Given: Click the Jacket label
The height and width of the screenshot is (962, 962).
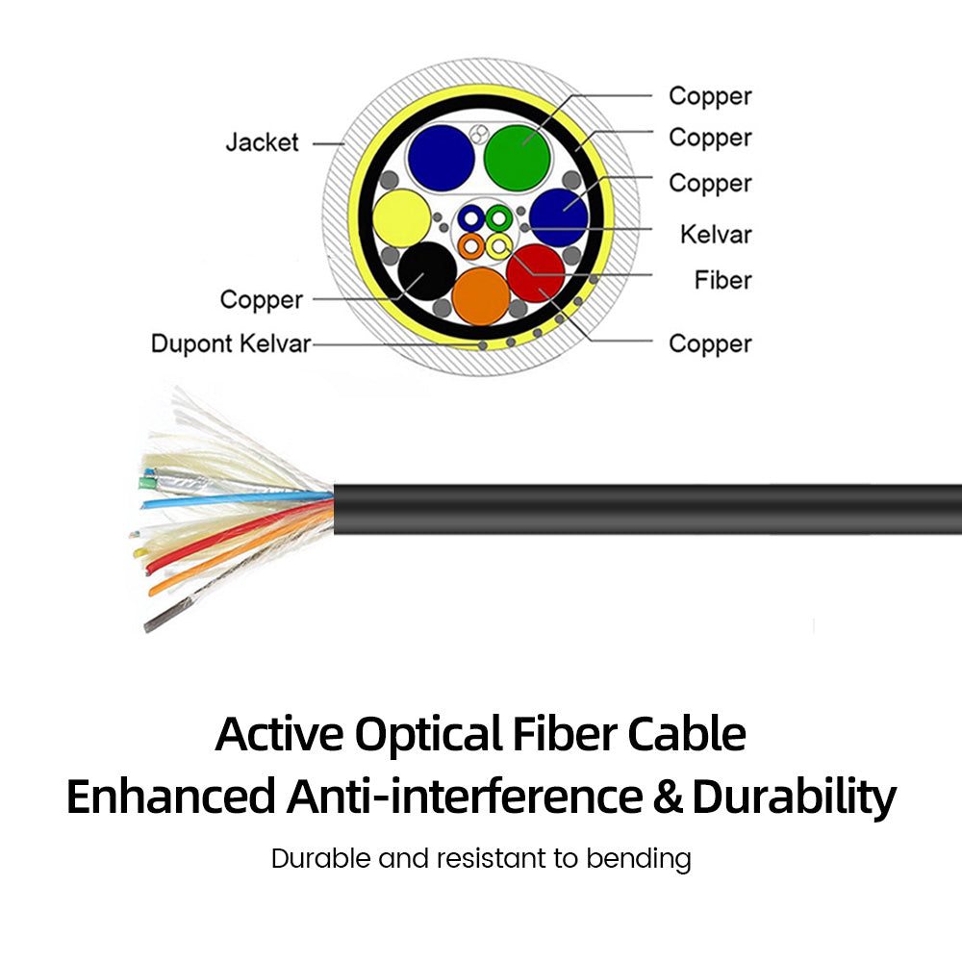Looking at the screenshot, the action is tap(262, 142).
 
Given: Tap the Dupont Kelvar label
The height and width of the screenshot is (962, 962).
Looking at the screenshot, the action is tap(231, 343).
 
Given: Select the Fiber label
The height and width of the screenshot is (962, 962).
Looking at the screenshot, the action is tap(722, 280).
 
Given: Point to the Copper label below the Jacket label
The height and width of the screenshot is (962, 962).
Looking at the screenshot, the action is tap(262, 300).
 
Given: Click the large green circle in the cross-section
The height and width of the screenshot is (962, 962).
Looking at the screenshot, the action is tap(517, 158).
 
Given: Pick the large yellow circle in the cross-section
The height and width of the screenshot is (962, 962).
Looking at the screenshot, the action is tap(402, 218).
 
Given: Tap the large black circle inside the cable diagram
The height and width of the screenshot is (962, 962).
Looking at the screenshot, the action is tap(427, 271).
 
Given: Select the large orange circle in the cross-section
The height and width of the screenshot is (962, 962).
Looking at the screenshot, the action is tap(481, 296).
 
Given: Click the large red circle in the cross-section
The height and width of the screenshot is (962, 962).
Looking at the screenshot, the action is tap(536, 273).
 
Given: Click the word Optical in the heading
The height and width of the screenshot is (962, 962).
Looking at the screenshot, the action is tap(428, 735).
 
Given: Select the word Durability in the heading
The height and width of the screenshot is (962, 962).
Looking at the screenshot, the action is tap(794, 797).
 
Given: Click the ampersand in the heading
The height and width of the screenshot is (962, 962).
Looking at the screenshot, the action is tap(668, 797).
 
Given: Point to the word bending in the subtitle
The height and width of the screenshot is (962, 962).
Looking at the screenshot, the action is tap(638, 859).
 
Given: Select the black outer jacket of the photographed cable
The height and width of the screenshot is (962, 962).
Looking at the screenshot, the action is tap(647, 509).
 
